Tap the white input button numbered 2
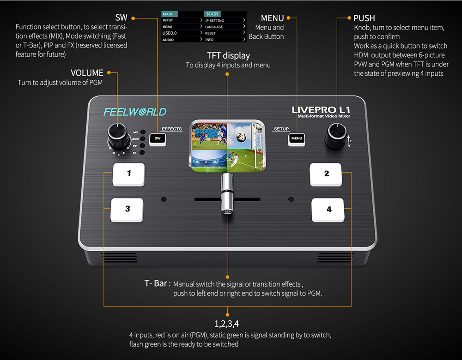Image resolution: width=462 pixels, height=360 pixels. [326, 174]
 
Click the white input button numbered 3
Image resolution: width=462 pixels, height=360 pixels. [128, 209]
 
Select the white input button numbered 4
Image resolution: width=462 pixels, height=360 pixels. [328, 210]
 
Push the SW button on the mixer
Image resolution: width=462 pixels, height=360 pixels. [158, 138]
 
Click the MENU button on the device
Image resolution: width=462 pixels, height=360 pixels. [297, 138]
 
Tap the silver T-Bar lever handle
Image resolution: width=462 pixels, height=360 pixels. [226, 194]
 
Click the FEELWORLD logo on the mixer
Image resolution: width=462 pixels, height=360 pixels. [134, 112]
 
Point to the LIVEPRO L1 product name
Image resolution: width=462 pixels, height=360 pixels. [321, 110]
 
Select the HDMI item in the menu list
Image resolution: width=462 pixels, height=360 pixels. [168, 27]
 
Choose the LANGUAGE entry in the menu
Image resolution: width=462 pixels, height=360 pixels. [214, 27]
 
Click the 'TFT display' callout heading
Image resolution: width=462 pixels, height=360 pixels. [228, 56]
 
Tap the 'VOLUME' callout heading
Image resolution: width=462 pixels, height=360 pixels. [87, 73]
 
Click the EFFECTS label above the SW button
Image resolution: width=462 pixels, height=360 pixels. [171, 129]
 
